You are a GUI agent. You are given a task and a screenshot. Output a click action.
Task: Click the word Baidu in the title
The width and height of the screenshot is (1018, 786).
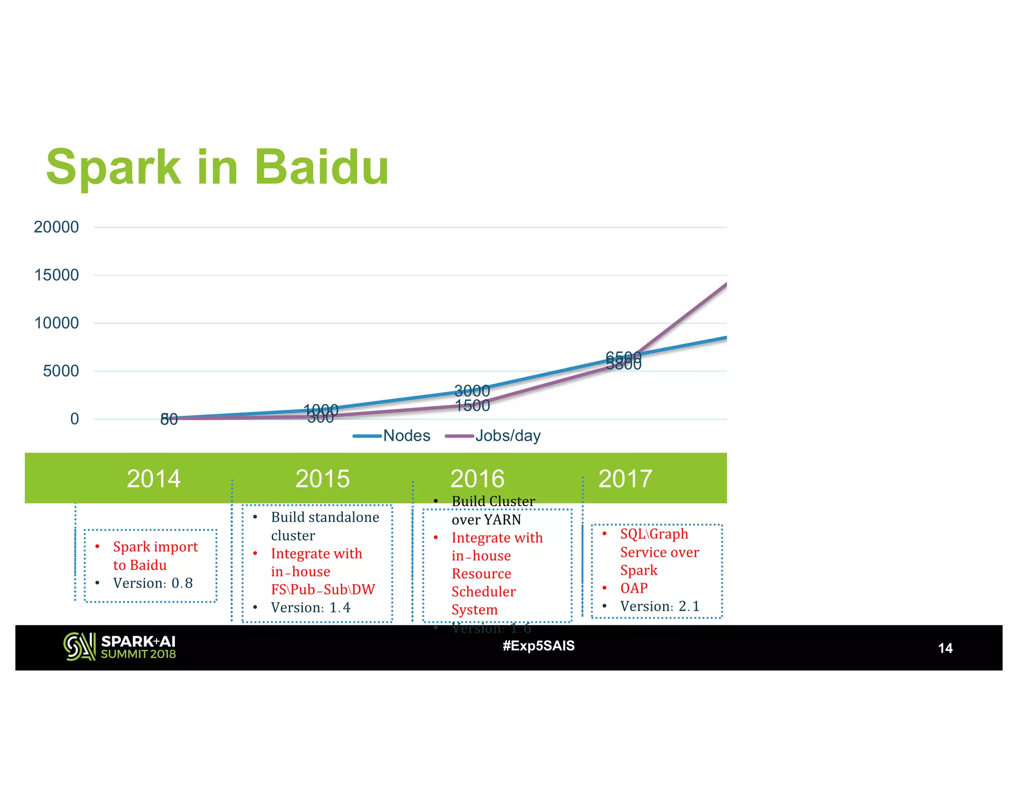click(322, 167)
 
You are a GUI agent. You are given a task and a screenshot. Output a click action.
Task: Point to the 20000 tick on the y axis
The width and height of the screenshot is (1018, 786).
click(56, 227)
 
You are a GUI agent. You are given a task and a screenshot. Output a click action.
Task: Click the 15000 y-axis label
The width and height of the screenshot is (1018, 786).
click(56, 275)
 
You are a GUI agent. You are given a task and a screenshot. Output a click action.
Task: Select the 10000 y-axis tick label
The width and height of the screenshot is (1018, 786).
click(56, 323)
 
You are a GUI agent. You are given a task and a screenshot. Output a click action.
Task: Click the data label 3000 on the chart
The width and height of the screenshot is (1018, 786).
click(472, 391)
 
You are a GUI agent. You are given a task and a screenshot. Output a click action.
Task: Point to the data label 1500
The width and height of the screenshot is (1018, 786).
click(473, 406)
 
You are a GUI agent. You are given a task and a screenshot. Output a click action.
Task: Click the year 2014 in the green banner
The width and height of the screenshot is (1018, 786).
click(154, 478)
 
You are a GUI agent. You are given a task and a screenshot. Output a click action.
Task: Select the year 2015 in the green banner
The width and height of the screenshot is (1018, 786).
click(323, 478)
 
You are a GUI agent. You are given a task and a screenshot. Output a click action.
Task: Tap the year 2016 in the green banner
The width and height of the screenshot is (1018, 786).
click(477, 478)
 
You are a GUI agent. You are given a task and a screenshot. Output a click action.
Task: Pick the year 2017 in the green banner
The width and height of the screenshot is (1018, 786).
click(625, 478)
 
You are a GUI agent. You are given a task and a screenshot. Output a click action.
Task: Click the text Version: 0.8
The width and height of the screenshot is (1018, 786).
click(153, 583)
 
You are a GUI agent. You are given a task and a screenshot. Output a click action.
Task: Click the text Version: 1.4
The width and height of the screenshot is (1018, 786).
click(311, 608)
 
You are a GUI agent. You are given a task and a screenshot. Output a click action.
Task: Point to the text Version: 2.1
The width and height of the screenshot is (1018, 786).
click(660, 607)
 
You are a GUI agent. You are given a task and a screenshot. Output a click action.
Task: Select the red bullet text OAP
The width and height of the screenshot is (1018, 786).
click(634, 588)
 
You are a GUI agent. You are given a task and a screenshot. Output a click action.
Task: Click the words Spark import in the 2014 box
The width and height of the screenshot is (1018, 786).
click(155, 547)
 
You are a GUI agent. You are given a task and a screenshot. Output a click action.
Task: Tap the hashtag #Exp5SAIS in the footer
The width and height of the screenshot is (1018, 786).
click(538, 646)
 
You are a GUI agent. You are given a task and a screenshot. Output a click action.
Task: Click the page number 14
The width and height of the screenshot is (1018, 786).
click(945, 648)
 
